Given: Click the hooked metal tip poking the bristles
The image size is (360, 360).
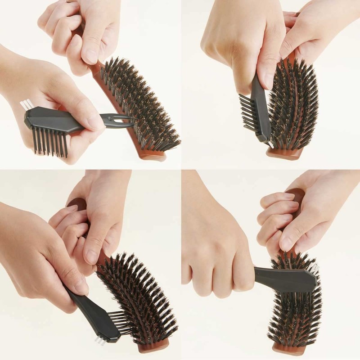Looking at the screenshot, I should point(124,120).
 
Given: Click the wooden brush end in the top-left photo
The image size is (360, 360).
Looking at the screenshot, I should point(153,155).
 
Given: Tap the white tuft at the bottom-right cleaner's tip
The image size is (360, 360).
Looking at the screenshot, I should point(314,267).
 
